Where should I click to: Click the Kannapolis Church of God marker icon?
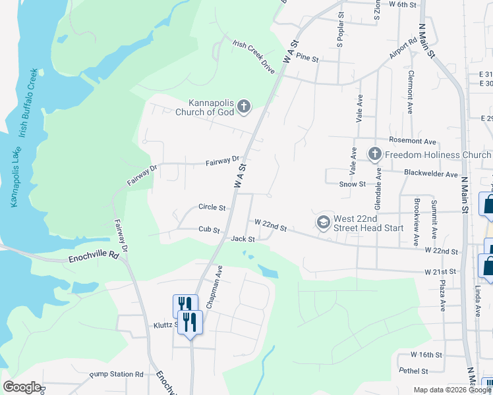coord(244,107)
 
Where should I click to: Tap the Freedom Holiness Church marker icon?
coord(375,155)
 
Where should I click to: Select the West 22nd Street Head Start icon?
coord(323,223)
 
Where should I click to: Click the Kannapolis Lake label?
coord(14,172)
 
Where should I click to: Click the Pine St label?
coord(307,59)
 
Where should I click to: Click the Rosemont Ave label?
coord(413,142)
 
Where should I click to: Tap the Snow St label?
coord(353,184)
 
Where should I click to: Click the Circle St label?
coord(212,207)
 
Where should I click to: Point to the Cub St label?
coord(209,230)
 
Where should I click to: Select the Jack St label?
coord(243,238)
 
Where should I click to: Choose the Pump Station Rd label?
coord(117,374)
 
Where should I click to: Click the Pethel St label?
coord(414,371)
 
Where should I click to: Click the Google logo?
coord(22,387)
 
